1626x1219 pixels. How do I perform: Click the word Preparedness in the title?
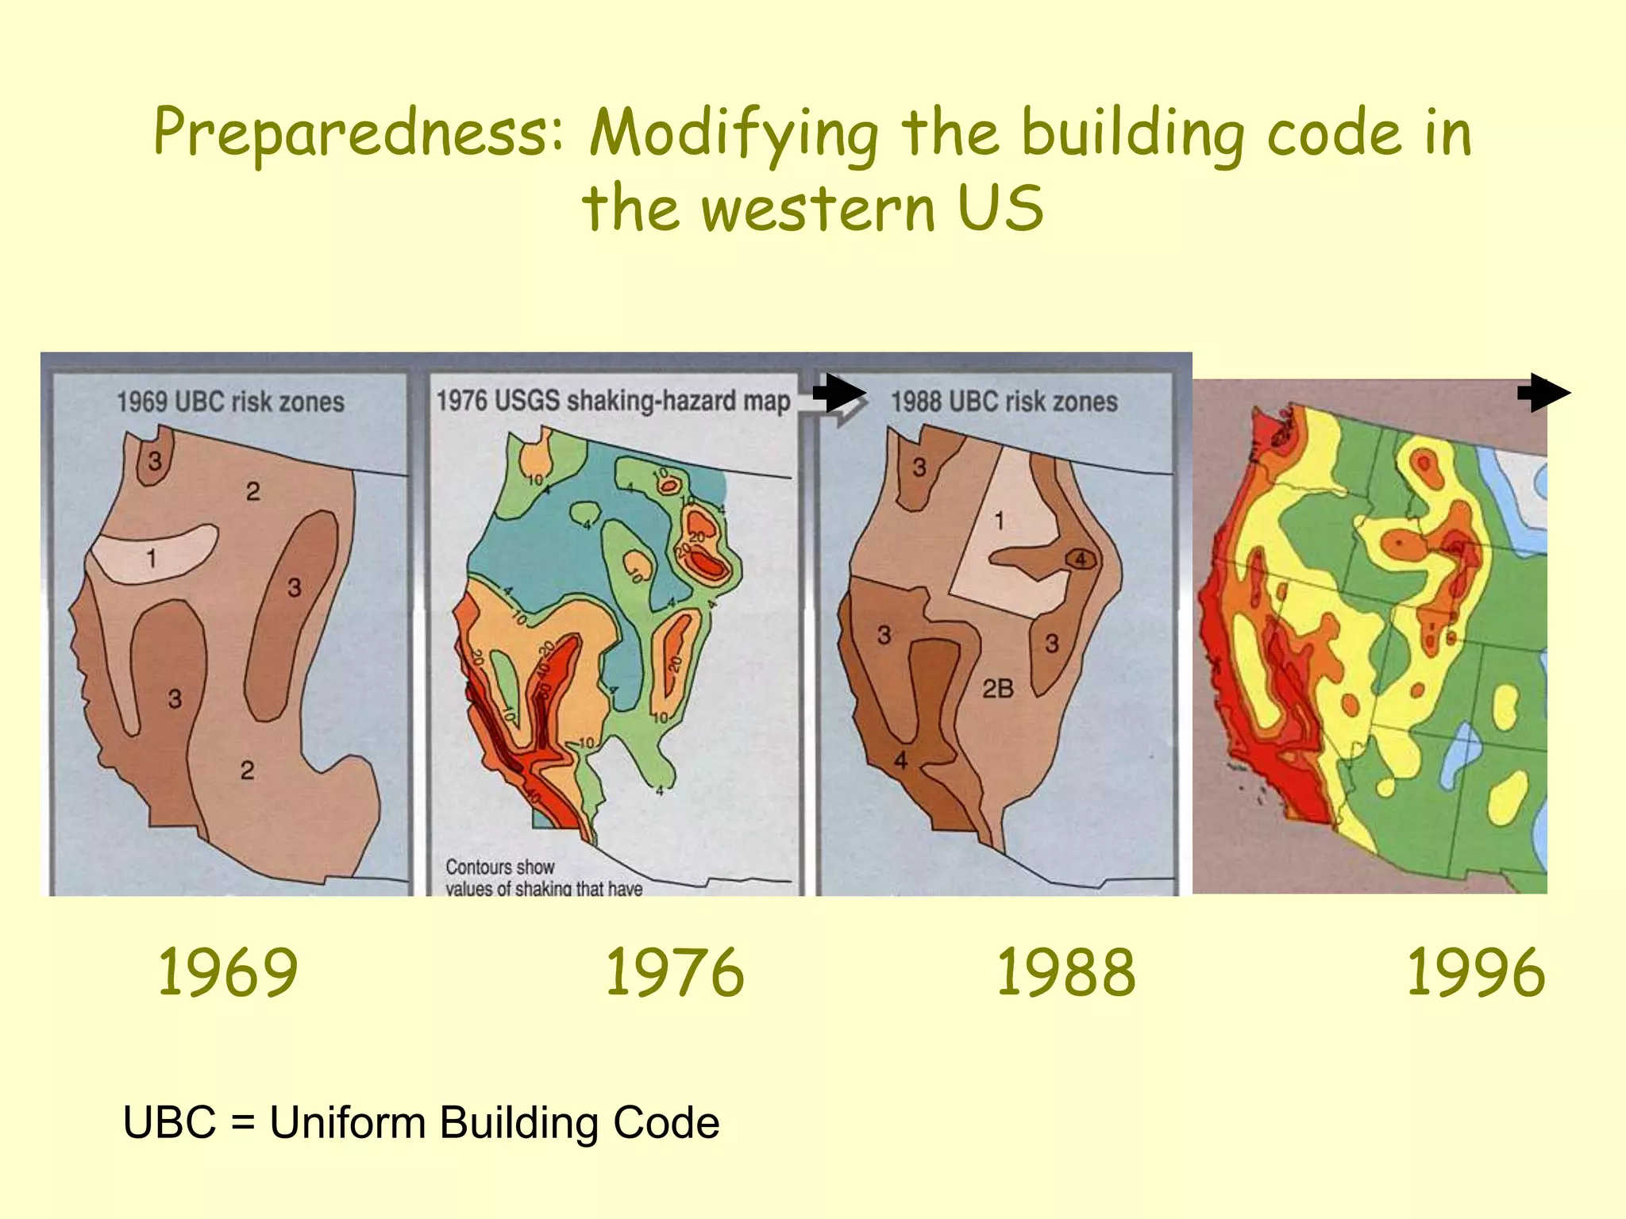[x=357, y=133]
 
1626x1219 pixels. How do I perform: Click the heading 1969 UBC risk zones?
[x=230, y=402]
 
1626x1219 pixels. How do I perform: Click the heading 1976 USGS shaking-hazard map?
[x=613, y=401]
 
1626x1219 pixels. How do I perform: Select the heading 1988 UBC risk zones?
[x=1004, y=402]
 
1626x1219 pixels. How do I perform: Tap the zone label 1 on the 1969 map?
[x=151, y=560]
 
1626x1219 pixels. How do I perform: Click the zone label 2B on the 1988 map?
[x=998, y=688]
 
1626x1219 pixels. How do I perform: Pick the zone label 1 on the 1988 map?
[x=999, y=521]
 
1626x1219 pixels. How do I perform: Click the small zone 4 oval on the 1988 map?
[x=1081, y=560]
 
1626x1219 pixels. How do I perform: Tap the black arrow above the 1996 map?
[x=1543, y=393]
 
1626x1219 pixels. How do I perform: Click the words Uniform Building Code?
[x=494, y=1123]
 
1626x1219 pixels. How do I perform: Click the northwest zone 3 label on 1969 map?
[x=155, y=460]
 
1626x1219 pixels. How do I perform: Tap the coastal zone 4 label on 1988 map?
[x=900, y=760]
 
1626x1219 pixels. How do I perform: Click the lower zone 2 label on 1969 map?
[x=247, y=770]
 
